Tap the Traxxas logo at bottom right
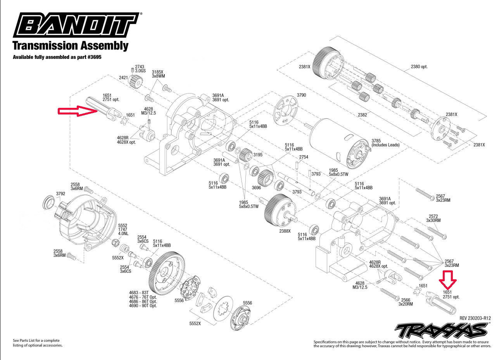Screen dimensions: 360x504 point(441,331)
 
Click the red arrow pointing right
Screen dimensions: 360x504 point(77,111)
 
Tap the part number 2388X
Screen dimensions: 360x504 point(285,231)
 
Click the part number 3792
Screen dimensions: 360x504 point(60,193)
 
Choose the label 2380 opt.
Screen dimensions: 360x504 point(419,67)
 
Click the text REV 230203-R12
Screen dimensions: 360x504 point(475,318)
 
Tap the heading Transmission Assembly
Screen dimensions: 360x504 point(70,45)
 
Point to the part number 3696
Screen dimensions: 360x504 point(257,187)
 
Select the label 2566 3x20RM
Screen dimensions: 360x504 point(406,302)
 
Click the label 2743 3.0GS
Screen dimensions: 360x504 point(140,69)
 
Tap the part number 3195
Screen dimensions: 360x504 point(258,155)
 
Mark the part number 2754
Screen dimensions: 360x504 point(304,157)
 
